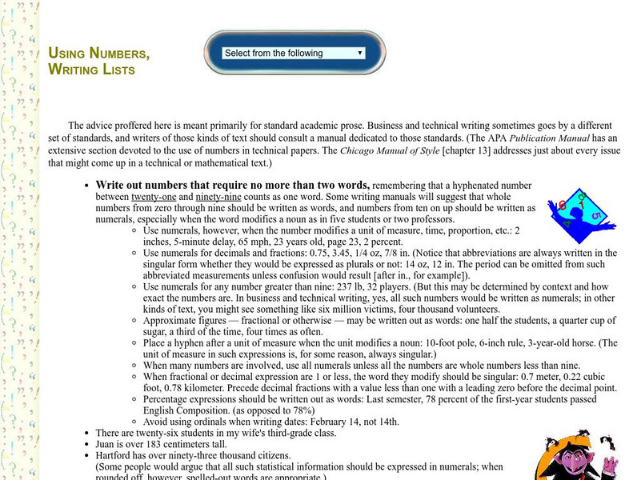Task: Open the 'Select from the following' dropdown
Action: [x=294, y=53]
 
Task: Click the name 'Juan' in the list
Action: [x=106, y=444]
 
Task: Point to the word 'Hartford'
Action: [x=115, y=455]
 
